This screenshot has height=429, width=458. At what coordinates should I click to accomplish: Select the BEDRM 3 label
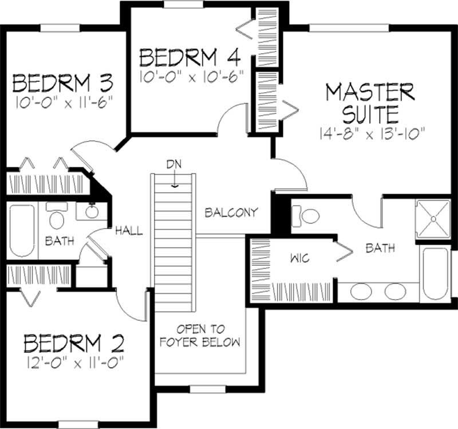[62, 84]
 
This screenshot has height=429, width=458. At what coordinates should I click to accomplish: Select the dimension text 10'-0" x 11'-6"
[62, 101]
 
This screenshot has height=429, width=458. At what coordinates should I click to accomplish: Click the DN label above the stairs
[174, 164]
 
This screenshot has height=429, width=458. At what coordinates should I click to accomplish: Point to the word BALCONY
[231, 212]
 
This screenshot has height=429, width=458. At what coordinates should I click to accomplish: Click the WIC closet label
[299, 258]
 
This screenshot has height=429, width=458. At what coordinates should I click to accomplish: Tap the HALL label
[129, 231]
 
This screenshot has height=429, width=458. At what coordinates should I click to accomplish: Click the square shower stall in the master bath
[433, 219]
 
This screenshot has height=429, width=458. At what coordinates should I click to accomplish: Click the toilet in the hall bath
[57, 218]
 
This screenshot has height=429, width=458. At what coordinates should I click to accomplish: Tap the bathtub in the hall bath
[22, 230]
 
